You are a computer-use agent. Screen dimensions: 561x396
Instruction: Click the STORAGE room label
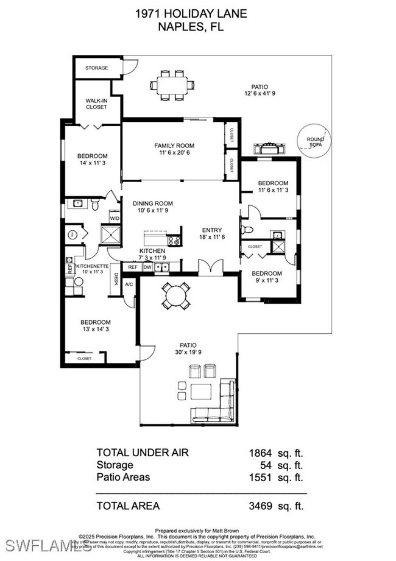click(97, 68)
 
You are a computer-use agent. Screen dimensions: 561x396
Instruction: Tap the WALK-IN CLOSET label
click(96, 104)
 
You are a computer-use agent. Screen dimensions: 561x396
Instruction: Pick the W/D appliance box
click(115, 218)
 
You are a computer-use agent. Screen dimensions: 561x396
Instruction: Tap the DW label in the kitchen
click(147, 267)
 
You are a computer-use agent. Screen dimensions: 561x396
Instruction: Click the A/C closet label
click(129, 284)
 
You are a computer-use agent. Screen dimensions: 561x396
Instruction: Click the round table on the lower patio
click(175, 297)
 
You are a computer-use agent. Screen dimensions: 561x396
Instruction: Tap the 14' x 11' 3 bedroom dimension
click(92, 163)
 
